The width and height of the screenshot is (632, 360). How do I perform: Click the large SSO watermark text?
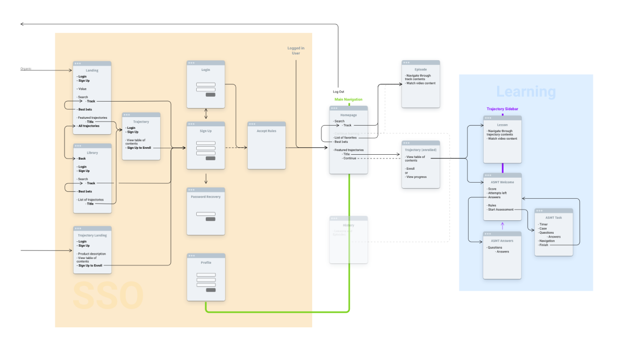[x=108, y=296]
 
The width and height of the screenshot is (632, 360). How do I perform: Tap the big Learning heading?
[x=526, y=92]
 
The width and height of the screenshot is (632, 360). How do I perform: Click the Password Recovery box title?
[x=205, y=197]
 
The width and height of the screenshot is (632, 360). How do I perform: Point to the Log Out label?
[x=339, y=92]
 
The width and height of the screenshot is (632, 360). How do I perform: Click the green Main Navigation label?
[x=348, y=99]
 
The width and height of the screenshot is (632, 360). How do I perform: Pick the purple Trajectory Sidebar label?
[x=502, y=109]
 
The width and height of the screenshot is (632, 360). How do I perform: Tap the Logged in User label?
[x=296, y=51]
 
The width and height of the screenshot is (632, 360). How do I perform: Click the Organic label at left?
[x=26, y=69]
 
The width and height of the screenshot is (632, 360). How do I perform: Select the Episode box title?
[x=420, y=69]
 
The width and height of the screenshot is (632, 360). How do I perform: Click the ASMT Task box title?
[x=554, y=217]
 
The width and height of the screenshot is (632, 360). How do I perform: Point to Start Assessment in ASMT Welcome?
[x=500, y=210]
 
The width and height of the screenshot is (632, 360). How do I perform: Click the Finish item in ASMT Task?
[x=544, y=245]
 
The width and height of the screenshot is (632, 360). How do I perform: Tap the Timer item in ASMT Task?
[x=544, y=224]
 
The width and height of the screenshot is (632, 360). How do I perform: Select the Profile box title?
[x=206, y=262]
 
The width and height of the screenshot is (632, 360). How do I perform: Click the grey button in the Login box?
[x=211, y=95]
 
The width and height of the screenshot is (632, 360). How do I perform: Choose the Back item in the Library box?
[x=82, y=159]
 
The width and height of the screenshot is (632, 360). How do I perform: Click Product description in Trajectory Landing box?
[x=92, y=254]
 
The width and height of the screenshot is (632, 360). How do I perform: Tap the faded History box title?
[x=348, y=225]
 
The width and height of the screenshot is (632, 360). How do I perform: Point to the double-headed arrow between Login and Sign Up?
[x=206, y=114]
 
